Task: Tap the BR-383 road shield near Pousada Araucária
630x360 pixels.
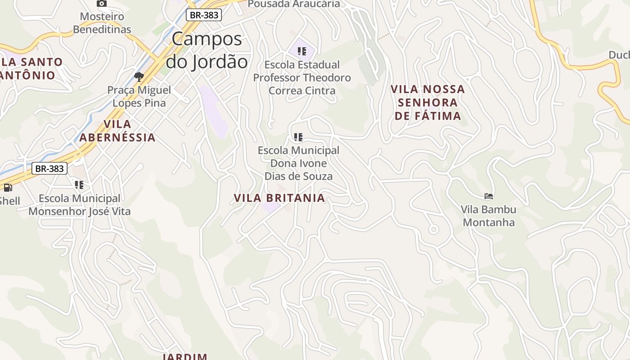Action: [204, 15]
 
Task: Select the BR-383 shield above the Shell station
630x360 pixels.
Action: [49, 169]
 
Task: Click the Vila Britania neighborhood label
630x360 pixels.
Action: [279, 198]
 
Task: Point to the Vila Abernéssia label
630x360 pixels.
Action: [117, 130]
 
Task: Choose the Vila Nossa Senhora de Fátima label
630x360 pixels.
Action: [428, 103]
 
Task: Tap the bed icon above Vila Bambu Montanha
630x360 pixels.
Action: [489, 196]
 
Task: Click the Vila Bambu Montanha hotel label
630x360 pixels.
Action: [488, 216]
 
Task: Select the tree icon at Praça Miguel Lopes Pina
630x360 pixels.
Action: [139, 76]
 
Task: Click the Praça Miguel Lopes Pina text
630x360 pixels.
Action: [139, 96]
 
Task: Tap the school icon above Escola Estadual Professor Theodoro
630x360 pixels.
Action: [302, 51]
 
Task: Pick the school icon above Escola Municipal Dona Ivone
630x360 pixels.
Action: [298, 137]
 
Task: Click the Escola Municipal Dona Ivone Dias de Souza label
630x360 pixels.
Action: [298, 163]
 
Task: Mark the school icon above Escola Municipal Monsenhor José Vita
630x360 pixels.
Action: [79, 184]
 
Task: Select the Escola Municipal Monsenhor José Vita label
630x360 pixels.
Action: [80, 205]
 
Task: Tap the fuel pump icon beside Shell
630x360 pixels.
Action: [8, 188]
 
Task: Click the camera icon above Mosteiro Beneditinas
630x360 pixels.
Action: [102, 4]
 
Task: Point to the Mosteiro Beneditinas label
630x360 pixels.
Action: [102, 23]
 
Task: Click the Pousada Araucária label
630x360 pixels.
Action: [294, 4]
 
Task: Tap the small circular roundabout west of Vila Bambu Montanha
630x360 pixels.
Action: [433, 229]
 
